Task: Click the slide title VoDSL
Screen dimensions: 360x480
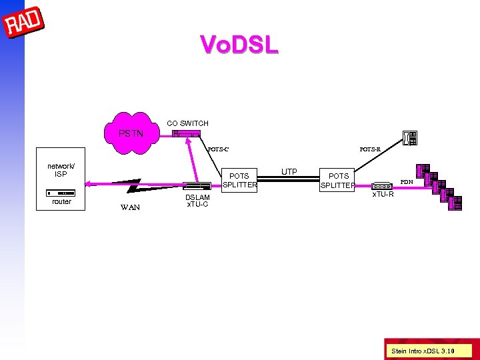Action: point(239,45)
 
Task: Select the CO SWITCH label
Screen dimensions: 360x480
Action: point(187,123)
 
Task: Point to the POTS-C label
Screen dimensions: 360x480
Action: point(218,149)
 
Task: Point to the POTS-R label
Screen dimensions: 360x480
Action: point(369,149)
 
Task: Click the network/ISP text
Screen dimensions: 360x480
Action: point(61,170)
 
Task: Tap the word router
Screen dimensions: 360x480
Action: point(61,201)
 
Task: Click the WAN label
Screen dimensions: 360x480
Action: point(130,207)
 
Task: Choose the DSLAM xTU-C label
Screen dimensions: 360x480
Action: point(197,201)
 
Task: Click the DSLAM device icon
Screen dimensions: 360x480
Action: point(197,187)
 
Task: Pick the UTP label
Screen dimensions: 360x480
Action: point(289,172)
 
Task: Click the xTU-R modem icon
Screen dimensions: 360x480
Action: point(383,186)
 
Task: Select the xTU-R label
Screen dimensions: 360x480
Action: point(383,195)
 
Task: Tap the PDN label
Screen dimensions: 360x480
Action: point(407,182)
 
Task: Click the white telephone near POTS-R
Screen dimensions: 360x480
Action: point(409,138)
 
